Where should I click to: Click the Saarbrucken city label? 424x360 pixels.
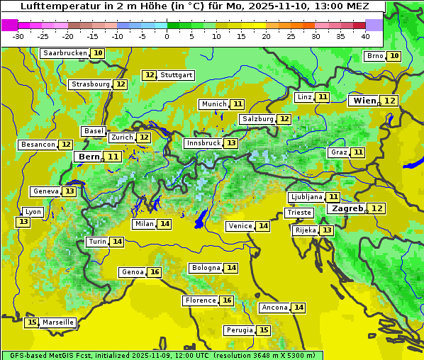(65, 53)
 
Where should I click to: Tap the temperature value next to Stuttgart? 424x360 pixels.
(149, 75)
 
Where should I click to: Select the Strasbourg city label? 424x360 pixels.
(91, 84)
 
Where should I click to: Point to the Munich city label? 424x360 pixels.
(213, 104)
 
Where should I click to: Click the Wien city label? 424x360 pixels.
(364, 101)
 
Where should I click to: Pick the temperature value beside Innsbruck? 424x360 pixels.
(231, 143)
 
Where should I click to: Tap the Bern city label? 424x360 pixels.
(89, 157)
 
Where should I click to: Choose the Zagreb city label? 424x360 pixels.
(347, 208)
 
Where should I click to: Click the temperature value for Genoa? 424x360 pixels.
(154, 272)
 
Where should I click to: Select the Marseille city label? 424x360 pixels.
(57, 322)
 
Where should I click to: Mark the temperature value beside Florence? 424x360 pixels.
(226, 300)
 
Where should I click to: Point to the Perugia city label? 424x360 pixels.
(238, 330)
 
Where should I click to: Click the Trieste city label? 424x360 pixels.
(298, 213)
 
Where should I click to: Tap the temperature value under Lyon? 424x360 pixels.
(23, 222)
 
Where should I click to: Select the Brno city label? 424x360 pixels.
(374, 56)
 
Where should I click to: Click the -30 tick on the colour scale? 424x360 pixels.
(18, 35)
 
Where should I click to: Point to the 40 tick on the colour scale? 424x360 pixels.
(365, 35)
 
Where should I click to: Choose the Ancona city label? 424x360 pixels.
(274, 308)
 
